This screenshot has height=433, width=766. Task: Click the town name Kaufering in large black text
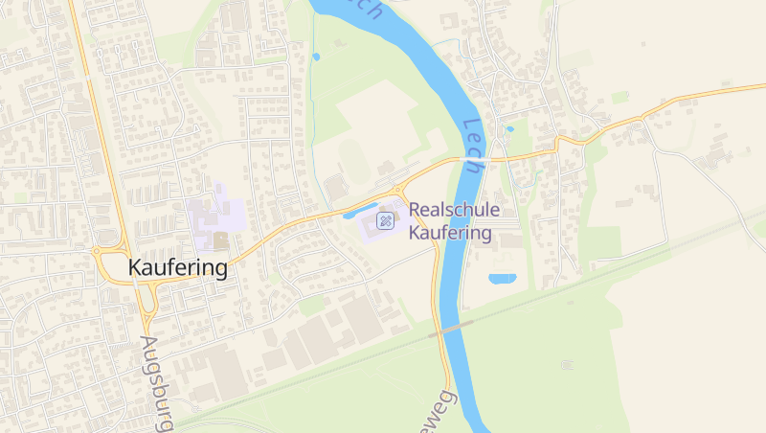[x=178, y=268]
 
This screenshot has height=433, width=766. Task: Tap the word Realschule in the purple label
[x=454, y=211]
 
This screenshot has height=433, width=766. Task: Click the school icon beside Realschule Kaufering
[x=386, y=221]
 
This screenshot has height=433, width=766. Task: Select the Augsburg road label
[x=156, y=383]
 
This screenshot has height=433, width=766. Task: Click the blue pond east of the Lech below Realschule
[x=502, y=279]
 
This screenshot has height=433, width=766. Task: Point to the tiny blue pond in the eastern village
[x=509, y=128]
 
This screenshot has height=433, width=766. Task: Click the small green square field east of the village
[x=620, y=97]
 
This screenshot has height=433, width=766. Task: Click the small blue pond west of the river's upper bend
[x=316, y=57]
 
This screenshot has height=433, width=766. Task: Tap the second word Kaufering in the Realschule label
[x=450, y=233]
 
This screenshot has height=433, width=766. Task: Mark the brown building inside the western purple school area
[x=221, y=240]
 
